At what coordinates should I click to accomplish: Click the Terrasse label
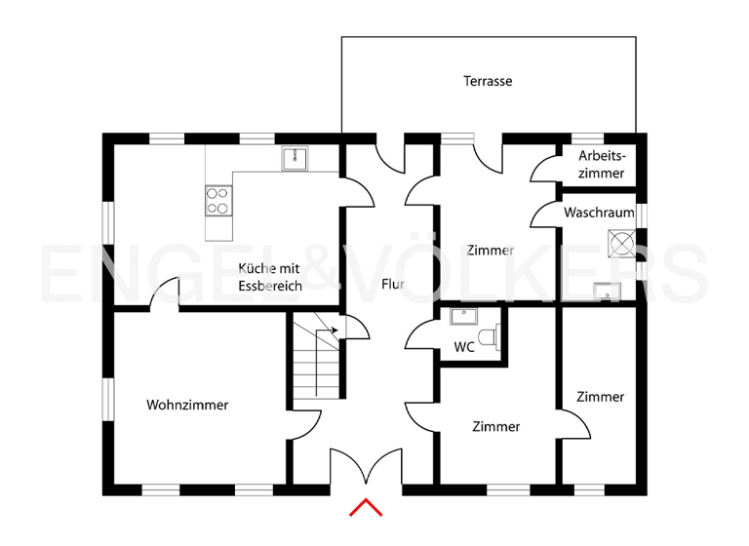coord(488,81)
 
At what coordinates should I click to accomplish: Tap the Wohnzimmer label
coord(187,405)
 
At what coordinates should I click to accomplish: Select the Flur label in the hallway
coord(392,285)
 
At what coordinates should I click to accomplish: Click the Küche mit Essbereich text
coord(270,278)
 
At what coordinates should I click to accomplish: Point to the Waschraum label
coord(599,212)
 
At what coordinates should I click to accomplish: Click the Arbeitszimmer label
coord(601,164)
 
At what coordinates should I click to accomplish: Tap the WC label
coord(464,347)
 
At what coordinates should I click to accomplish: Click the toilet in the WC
coord(495,336)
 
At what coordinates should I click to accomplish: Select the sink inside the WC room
coord(461,316)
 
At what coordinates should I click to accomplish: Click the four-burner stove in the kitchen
coord(217,201)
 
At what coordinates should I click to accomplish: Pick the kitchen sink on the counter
coord(295,159)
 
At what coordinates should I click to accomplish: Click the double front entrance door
coord(366,466)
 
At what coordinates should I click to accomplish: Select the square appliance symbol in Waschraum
coord(620,241)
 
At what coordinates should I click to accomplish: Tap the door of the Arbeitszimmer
coord(542,172)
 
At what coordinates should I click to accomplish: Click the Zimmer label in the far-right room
coord(600,397)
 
